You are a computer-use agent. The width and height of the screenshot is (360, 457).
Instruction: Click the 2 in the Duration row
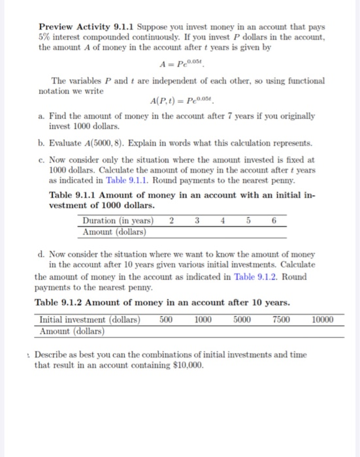[x=171, y=221]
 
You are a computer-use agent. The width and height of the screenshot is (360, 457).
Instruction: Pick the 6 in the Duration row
[x=275, y=221]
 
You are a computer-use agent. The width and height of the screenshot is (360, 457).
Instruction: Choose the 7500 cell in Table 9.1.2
[x=281, y=319]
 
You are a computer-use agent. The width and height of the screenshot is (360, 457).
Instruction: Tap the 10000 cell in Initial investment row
[x=322, y=319]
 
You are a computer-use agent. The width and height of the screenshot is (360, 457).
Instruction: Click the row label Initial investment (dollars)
[x=90, y=319]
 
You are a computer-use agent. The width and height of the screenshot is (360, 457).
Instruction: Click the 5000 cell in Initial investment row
[x=242, y=319]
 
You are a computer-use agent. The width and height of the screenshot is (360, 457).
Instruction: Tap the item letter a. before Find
[x=42, y=116]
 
